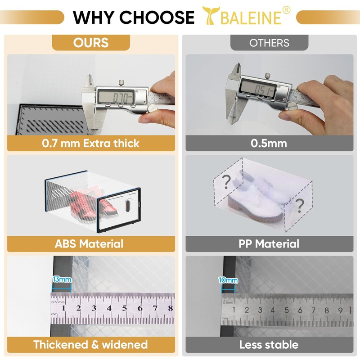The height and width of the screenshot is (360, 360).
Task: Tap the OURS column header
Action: point(91,43)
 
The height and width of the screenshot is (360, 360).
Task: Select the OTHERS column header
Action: point(269,43)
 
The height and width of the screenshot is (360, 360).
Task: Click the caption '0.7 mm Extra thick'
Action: point(91,144)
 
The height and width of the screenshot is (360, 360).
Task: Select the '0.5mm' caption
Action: point(269,144)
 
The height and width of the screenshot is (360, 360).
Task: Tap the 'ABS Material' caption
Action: point(89,244)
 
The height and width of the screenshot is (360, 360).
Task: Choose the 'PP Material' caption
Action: point(269,244)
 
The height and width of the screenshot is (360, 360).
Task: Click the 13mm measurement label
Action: point(62,279)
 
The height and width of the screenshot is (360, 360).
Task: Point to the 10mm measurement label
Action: point(228,280)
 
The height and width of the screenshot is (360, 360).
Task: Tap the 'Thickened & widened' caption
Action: point(90,345)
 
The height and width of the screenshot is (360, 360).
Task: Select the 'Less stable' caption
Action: point(269,345)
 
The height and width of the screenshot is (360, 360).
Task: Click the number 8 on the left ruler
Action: point(170,308)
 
